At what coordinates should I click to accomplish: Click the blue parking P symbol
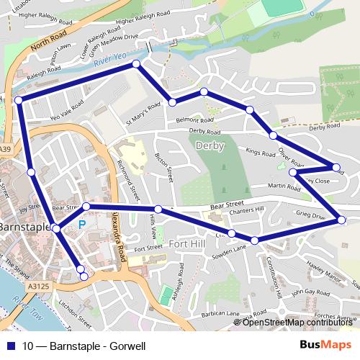81,225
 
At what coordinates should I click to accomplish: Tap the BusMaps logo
330,345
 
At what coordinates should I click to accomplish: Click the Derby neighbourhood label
210,146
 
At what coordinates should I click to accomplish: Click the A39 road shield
6,149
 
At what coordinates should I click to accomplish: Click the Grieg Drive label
310,215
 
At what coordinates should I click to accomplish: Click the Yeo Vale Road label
66,108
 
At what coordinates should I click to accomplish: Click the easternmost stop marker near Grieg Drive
341,220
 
